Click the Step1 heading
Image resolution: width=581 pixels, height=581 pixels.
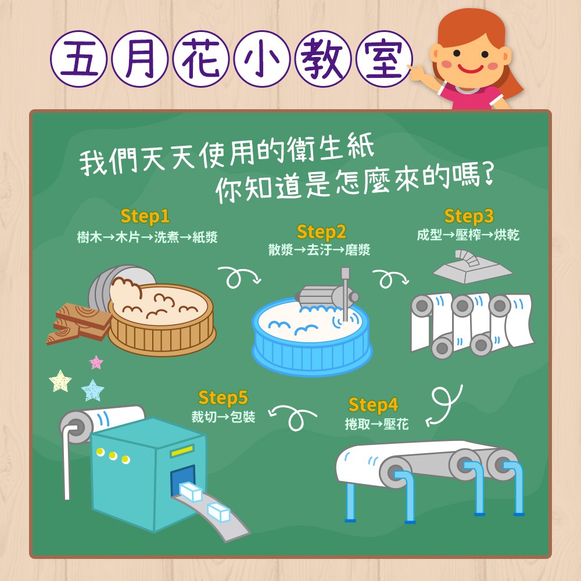[x=145, y=216]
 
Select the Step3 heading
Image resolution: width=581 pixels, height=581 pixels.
[x=469, y=216]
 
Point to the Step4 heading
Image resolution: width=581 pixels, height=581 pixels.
[x=373, y=405]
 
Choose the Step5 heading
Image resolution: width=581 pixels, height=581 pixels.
[x=223, y=398]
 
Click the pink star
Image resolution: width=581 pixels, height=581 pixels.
[x=96, y=363]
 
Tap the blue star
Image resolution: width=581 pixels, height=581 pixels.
[x=92, y=390]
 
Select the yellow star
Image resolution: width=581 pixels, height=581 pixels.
[x=60, y=381]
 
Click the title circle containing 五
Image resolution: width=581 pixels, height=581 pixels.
[x=78, y=59]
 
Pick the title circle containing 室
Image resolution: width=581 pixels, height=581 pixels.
[x=384, y=59]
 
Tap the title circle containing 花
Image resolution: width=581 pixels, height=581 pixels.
[x=201, y=59]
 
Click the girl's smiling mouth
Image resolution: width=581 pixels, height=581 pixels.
[x=471, y=69]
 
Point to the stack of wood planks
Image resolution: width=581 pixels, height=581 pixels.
[x=78, y=323]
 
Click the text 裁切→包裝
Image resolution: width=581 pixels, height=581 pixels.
[x=223, y=417]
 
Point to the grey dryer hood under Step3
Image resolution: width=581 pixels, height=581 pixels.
[x=472, y=267]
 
